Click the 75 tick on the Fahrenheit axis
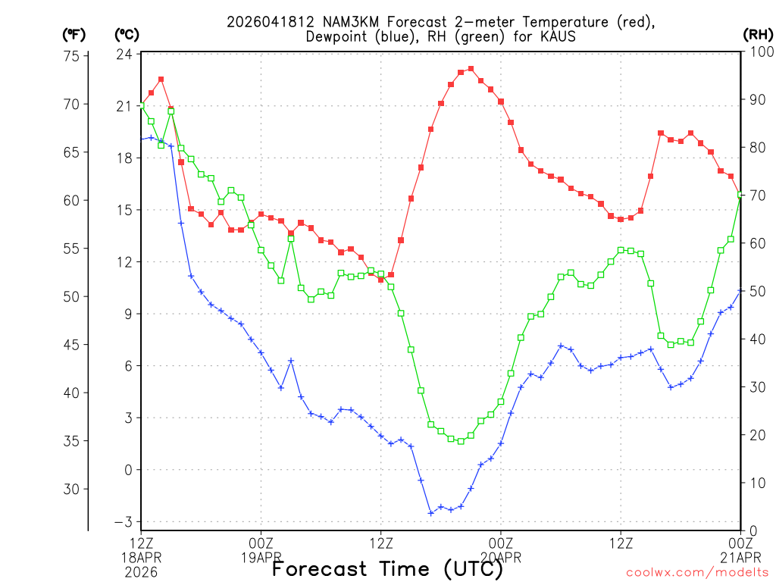(x=73, y=55)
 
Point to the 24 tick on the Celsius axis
(x=125, y=55)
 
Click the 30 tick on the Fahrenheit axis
(x=73, y=489)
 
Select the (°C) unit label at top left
(x=126, y=34)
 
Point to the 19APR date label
(x=261, y=557)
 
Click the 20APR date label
(x=501, y=557)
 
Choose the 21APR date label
(x=740, y=557)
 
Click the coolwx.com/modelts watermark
(x=697, y=572)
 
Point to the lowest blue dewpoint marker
(x=431, y=513)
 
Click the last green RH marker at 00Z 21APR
(x=740, y=196)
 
